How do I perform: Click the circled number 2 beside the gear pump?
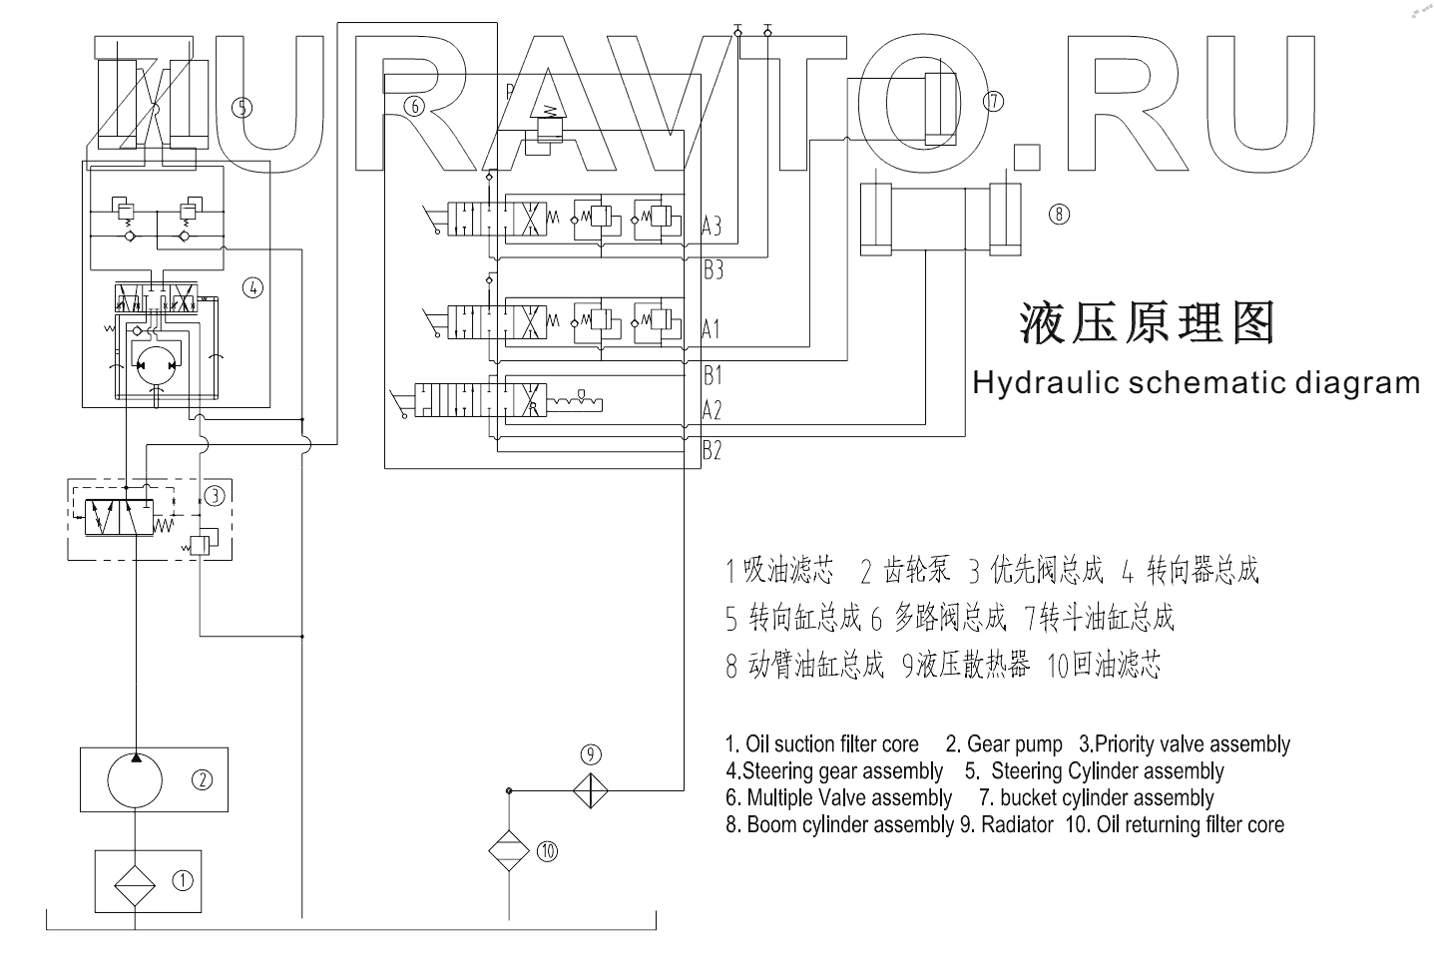coord(202,779)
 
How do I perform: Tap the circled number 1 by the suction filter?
coord(182,880)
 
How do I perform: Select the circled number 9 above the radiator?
coord(592,753)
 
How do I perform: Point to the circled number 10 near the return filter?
coord(547,851)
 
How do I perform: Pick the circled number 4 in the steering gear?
coord(252,287)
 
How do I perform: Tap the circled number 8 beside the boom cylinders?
coord(1059,213)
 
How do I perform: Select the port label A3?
coord(711,226)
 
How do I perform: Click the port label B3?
coord(712,268)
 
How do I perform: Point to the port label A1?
coord(711,329)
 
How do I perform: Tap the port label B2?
coord(711,450)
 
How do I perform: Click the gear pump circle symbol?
coord(134,779)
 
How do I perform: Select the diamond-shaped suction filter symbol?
coord(134,882)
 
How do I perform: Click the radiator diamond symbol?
coord(592,789)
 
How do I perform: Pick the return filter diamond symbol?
coord(508,850)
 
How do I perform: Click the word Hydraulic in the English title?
coord(1042,381)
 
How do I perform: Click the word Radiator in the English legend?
coord(1017,825)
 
